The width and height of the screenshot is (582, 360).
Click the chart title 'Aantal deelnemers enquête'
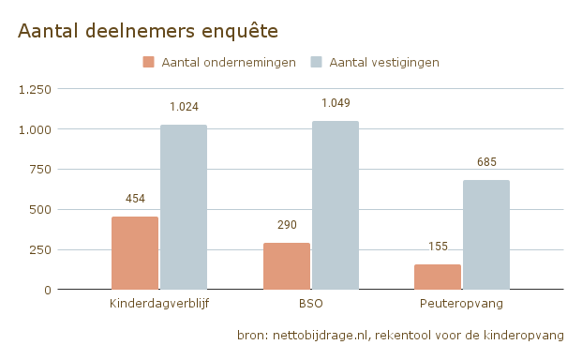[148, 31]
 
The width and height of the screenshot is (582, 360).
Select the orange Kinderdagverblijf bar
[135, 253]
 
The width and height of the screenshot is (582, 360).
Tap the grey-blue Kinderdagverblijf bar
[184, 207]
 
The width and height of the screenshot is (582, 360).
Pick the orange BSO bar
[287, 266]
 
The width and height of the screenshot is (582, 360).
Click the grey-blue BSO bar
[335, 205]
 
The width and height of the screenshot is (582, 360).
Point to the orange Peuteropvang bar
[438, 277]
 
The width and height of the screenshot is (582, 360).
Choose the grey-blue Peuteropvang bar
[486, 234]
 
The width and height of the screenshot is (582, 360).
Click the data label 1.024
[184, 108]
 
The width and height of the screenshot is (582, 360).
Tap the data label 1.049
[335, 103]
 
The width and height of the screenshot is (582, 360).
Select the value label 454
[135, 199]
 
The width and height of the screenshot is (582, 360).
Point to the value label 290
[287, 225]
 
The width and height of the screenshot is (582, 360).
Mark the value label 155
[438, 247]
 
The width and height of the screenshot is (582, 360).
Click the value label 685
[486, 162]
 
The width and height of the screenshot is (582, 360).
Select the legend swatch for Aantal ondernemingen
[149, 63]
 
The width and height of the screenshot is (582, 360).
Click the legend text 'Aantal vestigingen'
[384, 63]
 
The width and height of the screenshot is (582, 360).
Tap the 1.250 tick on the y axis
[36, 89]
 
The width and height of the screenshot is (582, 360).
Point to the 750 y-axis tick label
[39, 170]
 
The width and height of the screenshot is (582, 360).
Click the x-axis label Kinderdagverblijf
[159, 305]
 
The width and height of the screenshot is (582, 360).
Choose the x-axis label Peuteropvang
[462, 305]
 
